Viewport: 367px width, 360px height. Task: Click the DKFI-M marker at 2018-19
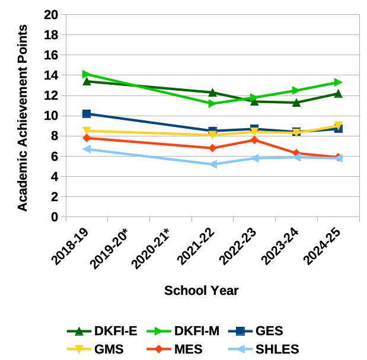coord(87,74)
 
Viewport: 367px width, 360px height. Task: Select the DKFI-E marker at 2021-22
coord(213,93)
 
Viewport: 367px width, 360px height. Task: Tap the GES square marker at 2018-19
coord(87,113)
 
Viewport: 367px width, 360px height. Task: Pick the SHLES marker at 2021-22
coord(213,164)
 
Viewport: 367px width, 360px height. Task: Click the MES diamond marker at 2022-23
coord(254,140)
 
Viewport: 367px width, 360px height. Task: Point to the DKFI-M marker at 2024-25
coord(338,82)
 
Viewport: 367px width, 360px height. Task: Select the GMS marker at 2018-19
coord(87,131)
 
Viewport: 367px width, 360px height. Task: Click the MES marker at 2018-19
coord(87,138)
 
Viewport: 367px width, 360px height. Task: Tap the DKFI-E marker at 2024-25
coord(338,94)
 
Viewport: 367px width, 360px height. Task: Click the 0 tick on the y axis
coord(55,217)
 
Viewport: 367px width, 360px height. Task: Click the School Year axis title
coord(202,291)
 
